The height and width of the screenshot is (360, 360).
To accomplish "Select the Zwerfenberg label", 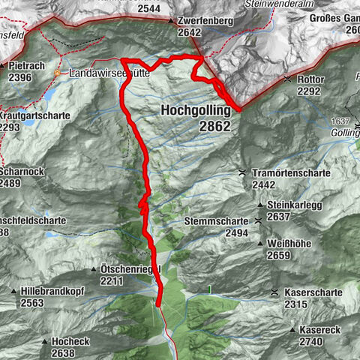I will pyautogui.click(x=206, y=21).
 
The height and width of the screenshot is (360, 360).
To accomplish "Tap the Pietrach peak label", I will pyautogui.click(x=28, y=65).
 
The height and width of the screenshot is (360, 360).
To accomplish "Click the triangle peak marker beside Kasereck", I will pyautogui.click(x=292, y=330).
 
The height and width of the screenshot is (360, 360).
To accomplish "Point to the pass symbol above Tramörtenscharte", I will pyautogui.click(x=242, y=172).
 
